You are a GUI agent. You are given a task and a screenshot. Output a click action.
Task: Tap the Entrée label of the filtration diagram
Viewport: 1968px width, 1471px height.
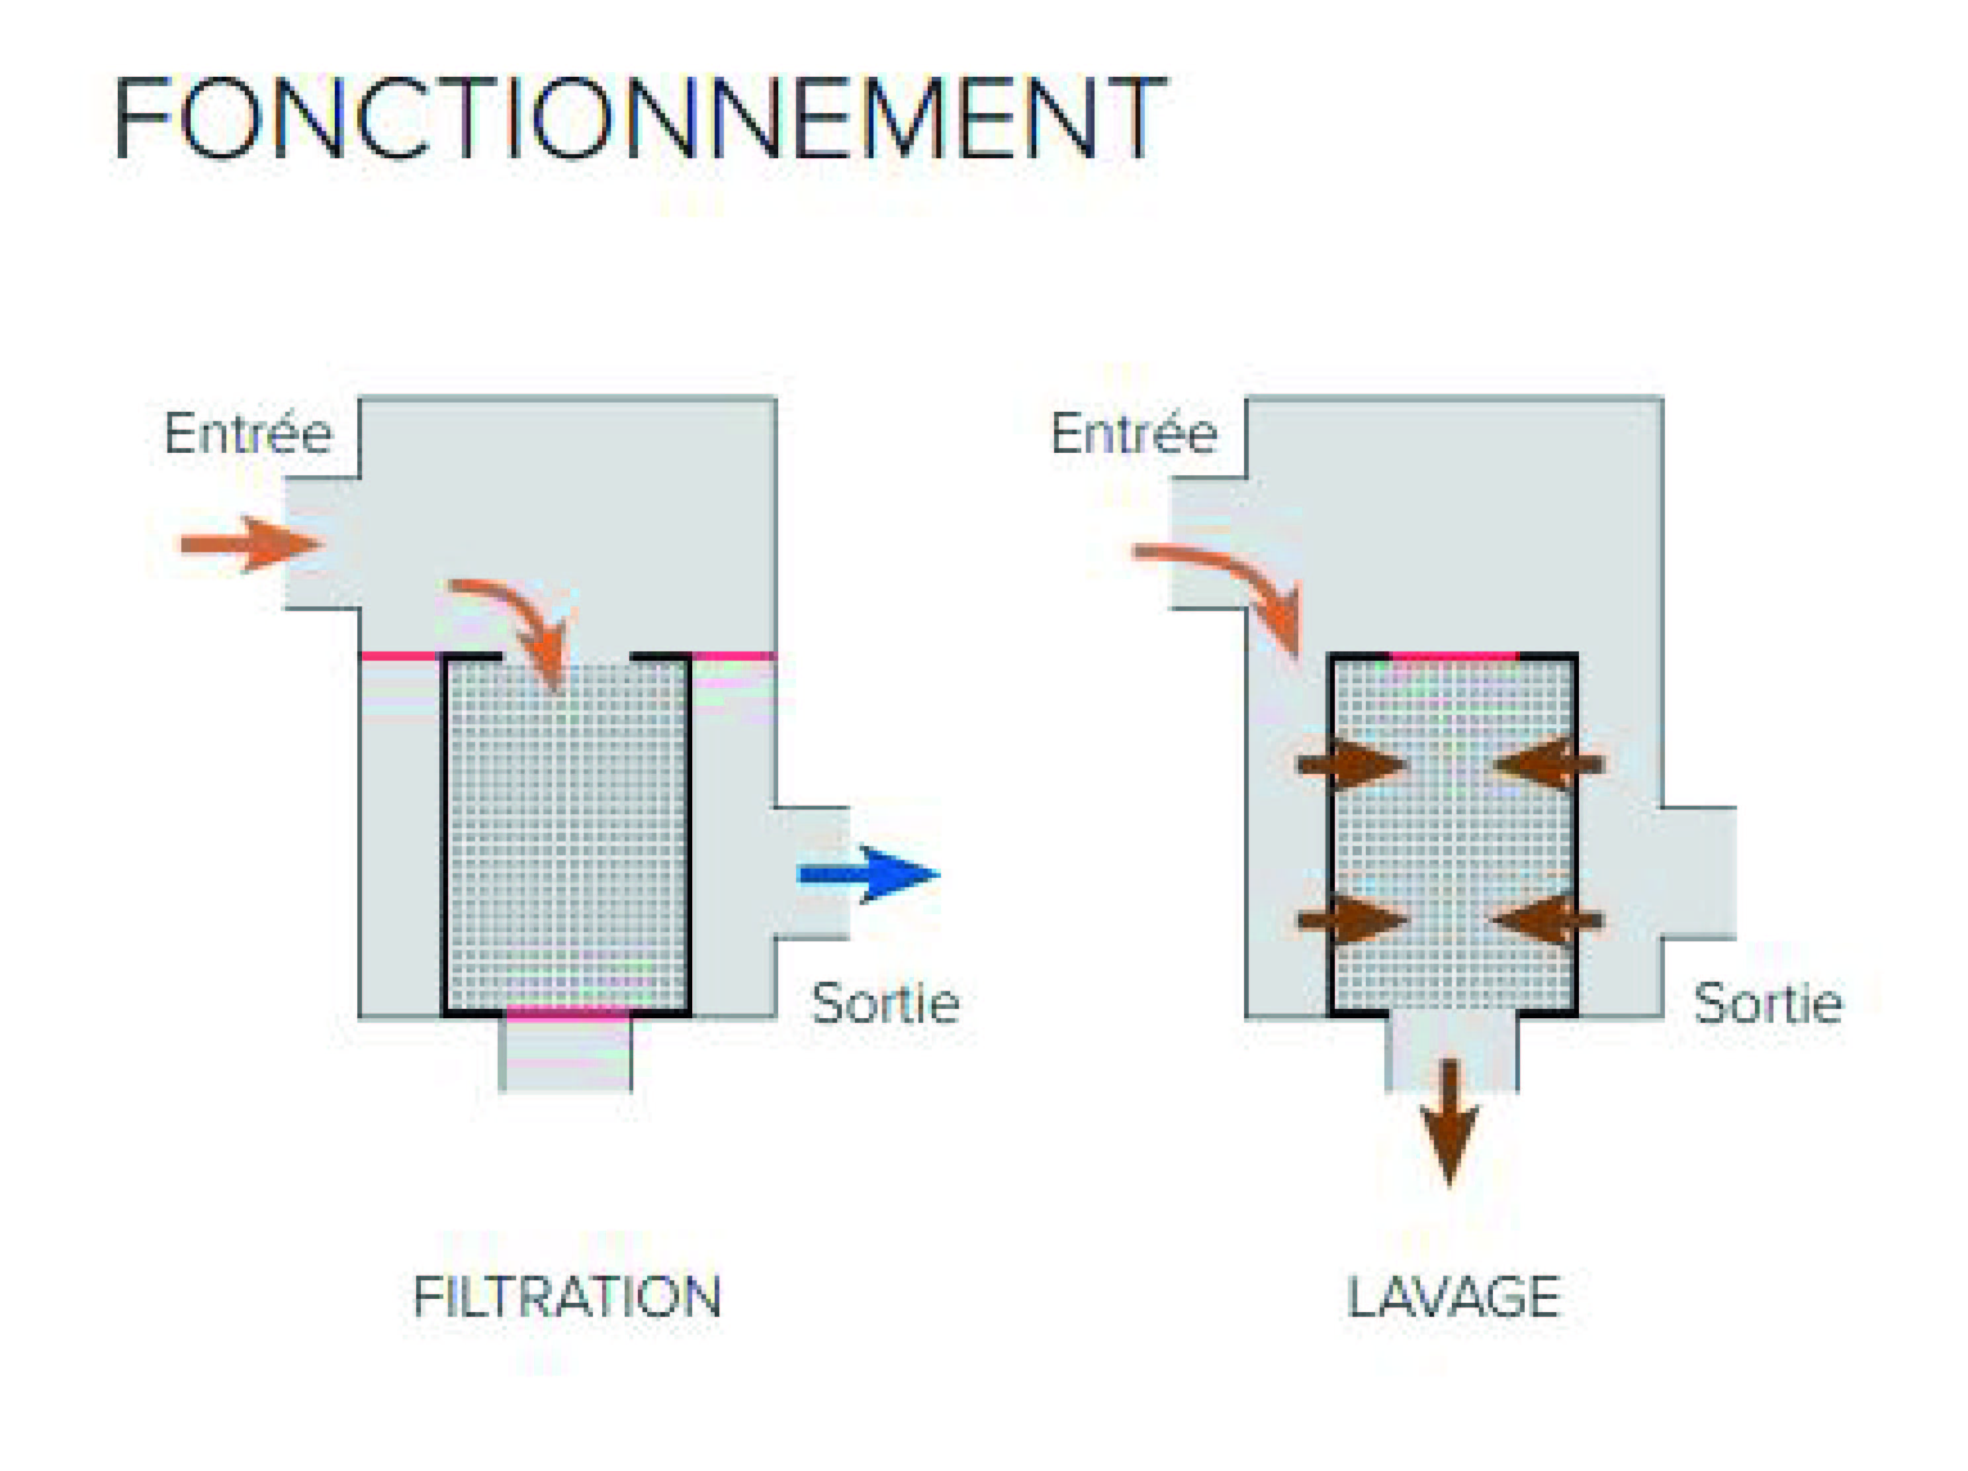pyautogui.click(x=248, y=434)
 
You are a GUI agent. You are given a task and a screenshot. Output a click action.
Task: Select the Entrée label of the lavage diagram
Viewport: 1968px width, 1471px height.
pyautogui.click(x=1134, y=434)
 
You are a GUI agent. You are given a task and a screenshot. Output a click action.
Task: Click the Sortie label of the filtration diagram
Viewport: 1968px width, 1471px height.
pyautogui.click(x=885, y=1004)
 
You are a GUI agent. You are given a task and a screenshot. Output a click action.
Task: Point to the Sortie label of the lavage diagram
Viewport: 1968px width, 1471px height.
pyautogui.click(x=1767, y=1004)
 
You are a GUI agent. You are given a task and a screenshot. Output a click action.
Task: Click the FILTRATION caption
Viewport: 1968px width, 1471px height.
pyautogui.click(x=566, y=1297)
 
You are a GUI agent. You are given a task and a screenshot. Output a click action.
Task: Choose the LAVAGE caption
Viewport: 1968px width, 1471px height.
pyautogui.click(x=1454, y=1297)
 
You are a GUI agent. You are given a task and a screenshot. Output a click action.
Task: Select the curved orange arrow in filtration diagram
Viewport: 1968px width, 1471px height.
pyautogui.click(x=521, y=623)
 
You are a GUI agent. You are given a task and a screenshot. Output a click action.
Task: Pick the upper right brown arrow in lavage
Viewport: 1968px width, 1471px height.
pyautogui.click(x=1548, y=763)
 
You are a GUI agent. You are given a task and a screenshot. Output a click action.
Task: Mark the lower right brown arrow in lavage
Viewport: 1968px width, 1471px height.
pyautogui.click(x=1548, y=920)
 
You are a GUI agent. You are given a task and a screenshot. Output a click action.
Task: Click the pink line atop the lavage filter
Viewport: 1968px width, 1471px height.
pyautogui.click(x=1454, y=656)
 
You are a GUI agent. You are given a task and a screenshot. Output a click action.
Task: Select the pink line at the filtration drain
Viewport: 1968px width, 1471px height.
pyautogui.click(x=566, y=1012)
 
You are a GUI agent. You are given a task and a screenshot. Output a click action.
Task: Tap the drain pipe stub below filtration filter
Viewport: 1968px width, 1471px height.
pyautogui.click(x=566, y=1055)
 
